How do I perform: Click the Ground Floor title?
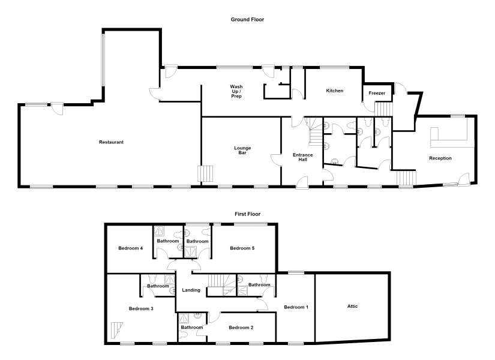click(247, 20)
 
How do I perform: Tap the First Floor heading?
click(247, 214)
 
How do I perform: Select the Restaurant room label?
click(111, 142)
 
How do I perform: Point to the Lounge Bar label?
click(242, 151)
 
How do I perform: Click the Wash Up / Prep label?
click(236, 91)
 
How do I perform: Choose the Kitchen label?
click(335, 91)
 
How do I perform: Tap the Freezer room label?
click(377, 93)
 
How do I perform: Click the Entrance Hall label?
click(303, 157)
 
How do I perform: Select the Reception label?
click(440, 158)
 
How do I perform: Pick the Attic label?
click(352, 306)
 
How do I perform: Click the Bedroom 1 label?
click(296, 307)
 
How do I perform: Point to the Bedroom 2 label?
click(241, 328)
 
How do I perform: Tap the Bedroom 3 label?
click(141, 308)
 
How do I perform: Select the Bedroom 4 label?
click(130, 248)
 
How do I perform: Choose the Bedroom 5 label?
click(242, 248)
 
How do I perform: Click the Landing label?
click(191, 290)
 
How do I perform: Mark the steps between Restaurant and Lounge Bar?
click(206, 173)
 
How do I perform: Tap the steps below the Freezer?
click(383, 109)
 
